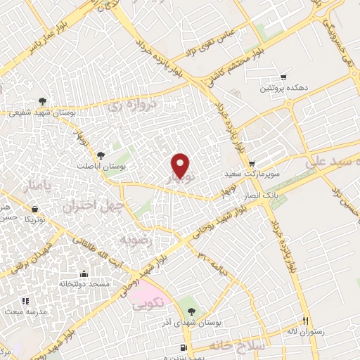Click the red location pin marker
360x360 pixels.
(181, 165)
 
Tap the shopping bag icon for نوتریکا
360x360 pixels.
(34, 209)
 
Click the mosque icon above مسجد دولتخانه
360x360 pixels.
(84, 274)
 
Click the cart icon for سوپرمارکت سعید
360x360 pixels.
(252, 162)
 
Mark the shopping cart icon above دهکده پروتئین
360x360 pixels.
(283, 77)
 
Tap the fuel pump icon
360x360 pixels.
(184, 348)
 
